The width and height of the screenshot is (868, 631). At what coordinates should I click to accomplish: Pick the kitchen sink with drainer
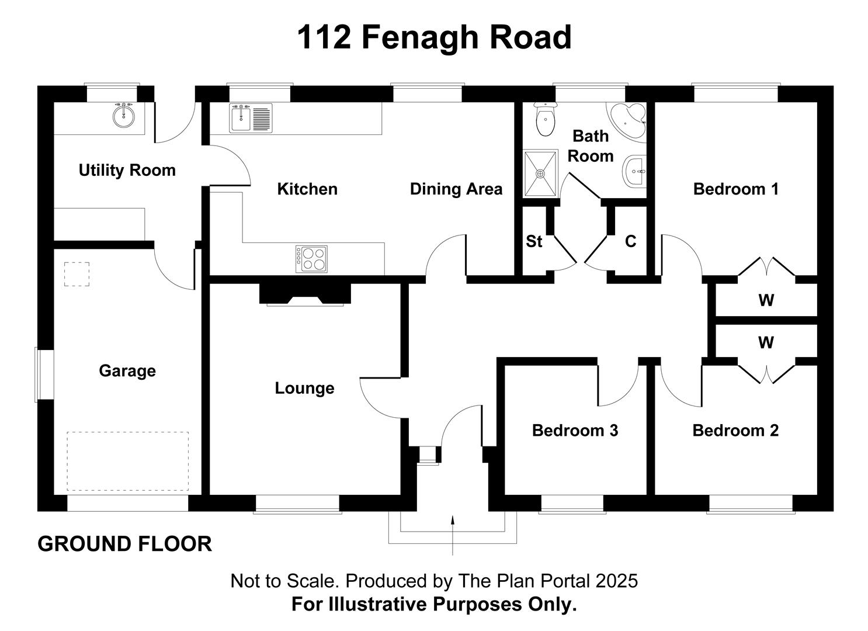251,118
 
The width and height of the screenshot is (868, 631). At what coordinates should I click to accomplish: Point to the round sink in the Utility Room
124,115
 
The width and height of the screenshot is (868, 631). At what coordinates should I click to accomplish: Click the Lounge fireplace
305,294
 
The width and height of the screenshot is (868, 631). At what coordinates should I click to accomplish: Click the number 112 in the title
324,37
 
